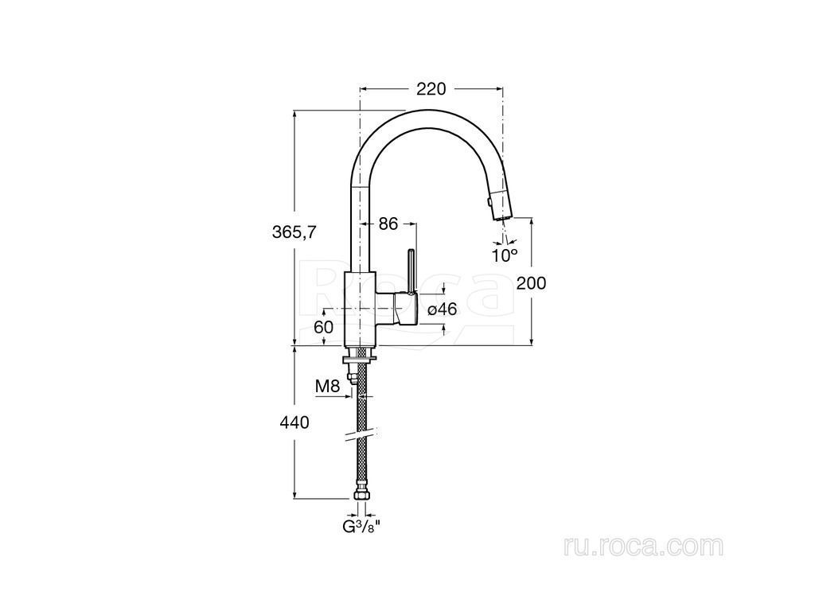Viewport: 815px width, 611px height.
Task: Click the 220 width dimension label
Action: (431, 89)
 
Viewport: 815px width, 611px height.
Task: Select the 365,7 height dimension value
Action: (294, 232)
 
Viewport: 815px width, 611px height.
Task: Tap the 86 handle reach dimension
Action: (388, 224)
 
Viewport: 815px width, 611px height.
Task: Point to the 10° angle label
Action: (505, 255)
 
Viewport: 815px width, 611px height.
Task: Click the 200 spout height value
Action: (531, 283)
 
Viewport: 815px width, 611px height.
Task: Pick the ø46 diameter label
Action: (442, 309)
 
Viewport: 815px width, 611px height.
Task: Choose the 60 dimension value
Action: (323, 327)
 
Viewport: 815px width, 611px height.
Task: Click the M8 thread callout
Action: (327, 386)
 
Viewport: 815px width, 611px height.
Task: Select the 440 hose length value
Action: (294, 422)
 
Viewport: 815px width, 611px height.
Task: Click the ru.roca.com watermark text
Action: (643, 547)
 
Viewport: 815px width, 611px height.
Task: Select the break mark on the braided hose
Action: (360, 435)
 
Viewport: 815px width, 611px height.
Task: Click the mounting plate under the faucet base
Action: (360, 359)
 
